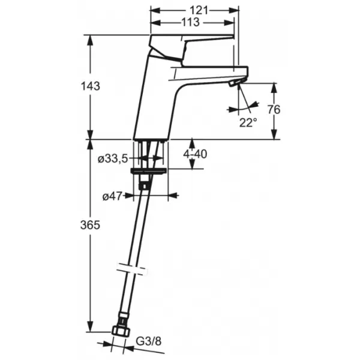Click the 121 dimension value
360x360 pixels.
tap(199, 10)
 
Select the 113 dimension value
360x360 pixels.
tap(191, 22)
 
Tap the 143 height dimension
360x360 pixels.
tap(91, 86)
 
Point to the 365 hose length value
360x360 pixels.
tap(90, 225)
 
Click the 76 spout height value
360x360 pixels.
tap(274, 110)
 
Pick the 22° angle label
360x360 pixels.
tap(248, 123)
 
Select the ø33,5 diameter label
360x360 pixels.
tap(113, 158)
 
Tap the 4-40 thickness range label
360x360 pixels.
tap(195, 154)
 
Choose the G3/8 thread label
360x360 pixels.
tap(149, 341)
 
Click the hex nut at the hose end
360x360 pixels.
tap(121, 331)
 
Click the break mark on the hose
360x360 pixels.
tap(131, 269)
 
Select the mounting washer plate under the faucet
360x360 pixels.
tap(149, 171)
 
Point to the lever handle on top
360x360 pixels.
tap(191, 47)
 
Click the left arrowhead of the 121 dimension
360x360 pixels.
tap(155, 10)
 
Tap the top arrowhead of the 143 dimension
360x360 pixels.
tap(91, 40)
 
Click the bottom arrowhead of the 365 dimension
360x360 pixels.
tap(91, 327)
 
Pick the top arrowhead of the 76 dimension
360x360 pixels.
tap(274, 88)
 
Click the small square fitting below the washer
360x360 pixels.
tap(144, 186)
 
